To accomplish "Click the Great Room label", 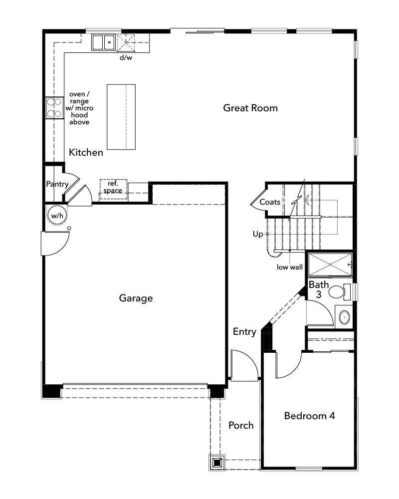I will [x=250, y=108].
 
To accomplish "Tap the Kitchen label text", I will [x=86, y=152].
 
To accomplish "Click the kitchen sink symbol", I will [x=103, y=42].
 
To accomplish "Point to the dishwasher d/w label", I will [x=125, y=57].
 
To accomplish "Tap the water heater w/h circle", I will [x=56, y=215].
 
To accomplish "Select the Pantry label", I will [x=57, y=184].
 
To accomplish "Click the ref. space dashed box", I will [x=113, y=188].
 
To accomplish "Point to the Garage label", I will [x=136, y=298].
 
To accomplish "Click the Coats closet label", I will [x=269, y=202].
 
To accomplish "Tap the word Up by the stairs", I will [x=257, y=234].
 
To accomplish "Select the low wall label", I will [x=290, y=267].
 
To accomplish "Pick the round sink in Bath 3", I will [x=344, y=317].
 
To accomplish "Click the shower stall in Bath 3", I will [x=329, y=264].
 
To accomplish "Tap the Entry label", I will [x=244, y=332].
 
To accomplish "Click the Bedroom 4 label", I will [x=309, y=416].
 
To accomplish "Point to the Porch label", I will [x=241, y=425].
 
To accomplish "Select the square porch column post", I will [x=217, y=462].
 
